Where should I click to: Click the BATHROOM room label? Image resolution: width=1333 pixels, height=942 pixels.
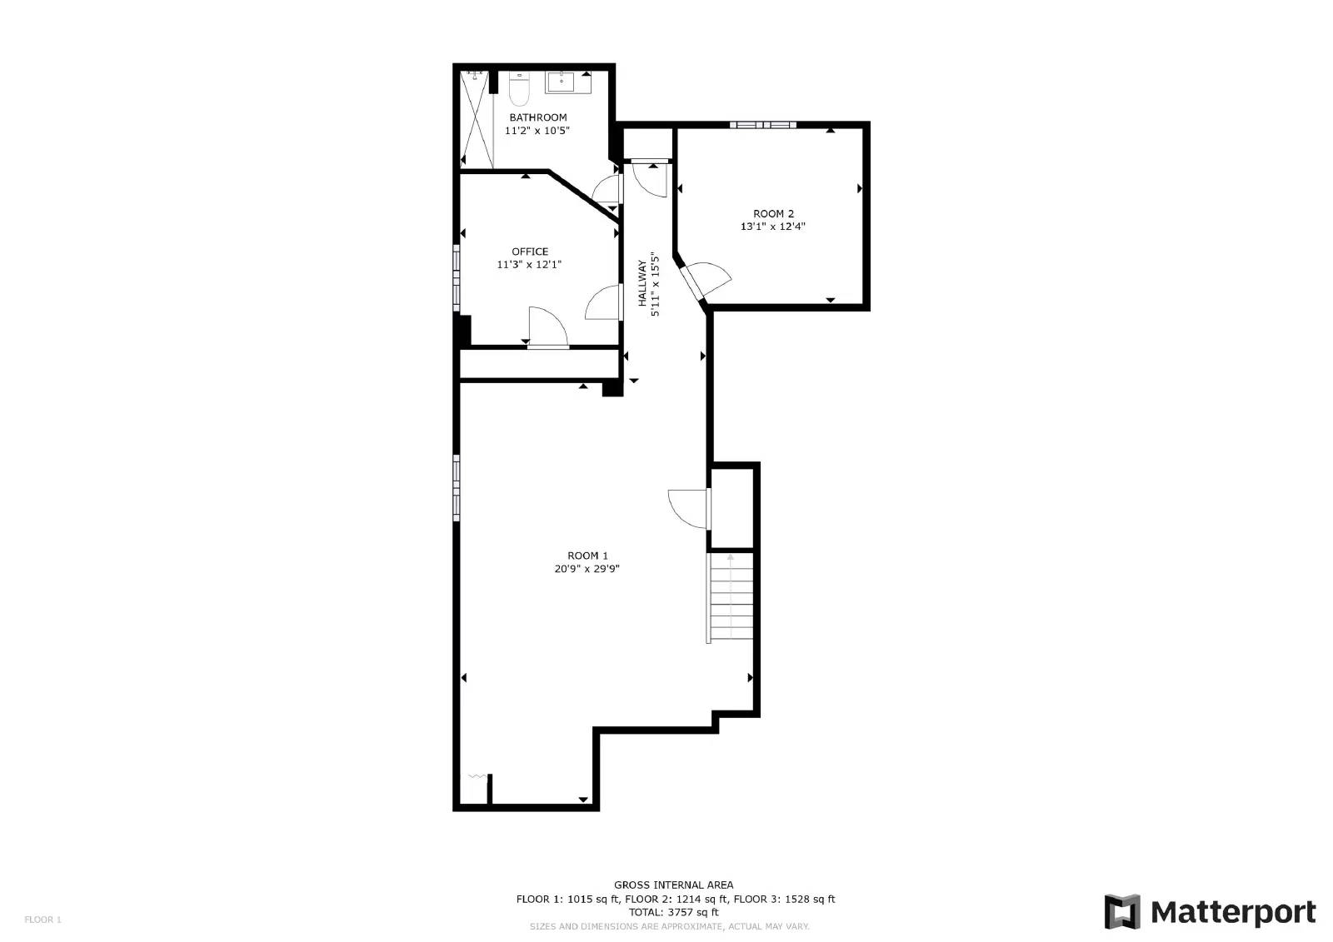537,117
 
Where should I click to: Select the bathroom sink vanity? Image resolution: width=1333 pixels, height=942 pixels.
568,82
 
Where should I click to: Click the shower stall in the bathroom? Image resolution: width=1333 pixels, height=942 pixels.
477,121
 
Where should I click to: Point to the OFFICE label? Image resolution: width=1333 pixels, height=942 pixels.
530,252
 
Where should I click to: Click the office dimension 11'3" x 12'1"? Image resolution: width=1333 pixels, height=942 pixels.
530,265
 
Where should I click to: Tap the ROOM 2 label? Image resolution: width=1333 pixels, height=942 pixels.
773,213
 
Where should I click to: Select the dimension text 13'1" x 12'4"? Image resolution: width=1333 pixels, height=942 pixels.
773,227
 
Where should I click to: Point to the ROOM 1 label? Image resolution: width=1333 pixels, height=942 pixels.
587,556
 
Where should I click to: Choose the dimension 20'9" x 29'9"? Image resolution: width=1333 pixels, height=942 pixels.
587,570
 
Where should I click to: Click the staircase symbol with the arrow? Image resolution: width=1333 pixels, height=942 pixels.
731,597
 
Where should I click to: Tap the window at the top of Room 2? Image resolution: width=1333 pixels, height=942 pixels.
762,125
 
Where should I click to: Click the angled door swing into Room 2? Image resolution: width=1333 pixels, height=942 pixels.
706,279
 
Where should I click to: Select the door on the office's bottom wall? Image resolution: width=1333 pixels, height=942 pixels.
547,328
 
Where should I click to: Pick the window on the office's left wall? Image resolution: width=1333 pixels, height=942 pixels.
457,277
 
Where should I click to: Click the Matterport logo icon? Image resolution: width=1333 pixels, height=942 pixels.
1121,912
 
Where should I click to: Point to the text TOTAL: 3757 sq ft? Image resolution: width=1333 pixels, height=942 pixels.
674,912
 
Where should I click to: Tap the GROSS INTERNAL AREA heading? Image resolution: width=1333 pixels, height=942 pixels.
674,885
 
